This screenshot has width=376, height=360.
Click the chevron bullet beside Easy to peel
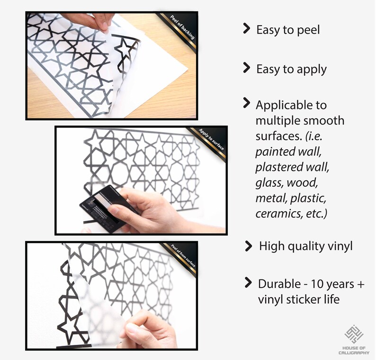(x=246, y=28)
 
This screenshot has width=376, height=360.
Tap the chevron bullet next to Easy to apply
(x=246, y=67)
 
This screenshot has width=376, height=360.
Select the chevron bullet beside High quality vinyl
(x=249, y=246)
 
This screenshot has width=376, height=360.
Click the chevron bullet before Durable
(x=248, y=282)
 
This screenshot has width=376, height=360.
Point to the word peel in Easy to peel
(x=308, y=30)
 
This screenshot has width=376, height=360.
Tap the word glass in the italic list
(x=269, y=183)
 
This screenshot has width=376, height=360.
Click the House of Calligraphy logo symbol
(x=354, y=334)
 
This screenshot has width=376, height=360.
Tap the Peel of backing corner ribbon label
(x=182, y=27)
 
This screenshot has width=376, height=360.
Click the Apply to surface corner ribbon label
(x=212, y=140)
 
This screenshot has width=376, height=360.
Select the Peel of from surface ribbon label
(x=183, y=256)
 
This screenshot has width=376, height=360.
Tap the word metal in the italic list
(x=271, y=198)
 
